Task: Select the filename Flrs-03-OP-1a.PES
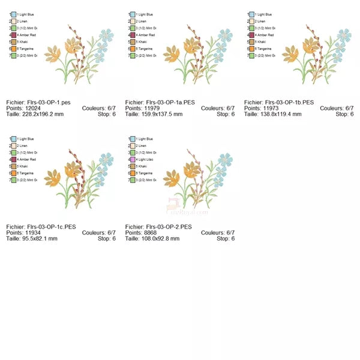170,103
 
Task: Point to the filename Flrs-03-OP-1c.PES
51,227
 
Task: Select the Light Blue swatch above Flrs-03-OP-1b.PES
251,14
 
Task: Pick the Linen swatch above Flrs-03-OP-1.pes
13,21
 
